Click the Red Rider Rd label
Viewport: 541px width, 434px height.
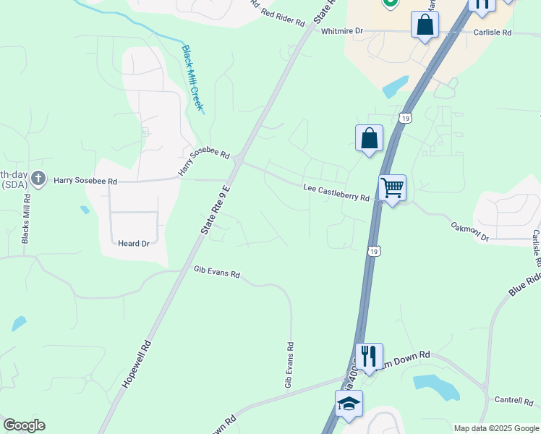pyautogui.click(x=283, y=17)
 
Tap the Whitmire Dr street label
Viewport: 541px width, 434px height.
pyautogui.click(x=341, y=31)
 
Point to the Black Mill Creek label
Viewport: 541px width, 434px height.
pyautogui.click(x=192, y=78)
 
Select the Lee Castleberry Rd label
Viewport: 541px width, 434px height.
pyautogui.click(x=336, y=193)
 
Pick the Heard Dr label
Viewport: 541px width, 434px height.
pyautogui.click(x=135, y=244)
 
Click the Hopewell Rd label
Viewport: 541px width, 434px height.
pyautogui.click(x=136, y=365)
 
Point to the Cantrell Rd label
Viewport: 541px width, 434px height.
pyautogui.click(x=513, y=400)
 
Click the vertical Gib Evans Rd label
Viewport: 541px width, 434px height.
pyautogui.click(x=289, y=365)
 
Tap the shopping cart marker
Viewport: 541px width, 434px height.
pyautogui.click(x=392, y=188)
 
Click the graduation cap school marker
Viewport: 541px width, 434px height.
pyautogui.click(x=349, y=404)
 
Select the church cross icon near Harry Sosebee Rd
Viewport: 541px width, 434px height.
pyautogui.click(x=38, y=178)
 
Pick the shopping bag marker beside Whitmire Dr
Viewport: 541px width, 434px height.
pyautogui.click(x=425, y=25)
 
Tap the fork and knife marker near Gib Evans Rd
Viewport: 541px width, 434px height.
pyautogui.click(x=369, y=356)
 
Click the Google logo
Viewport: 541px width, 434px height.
pyautogui.click(x=24, y=425)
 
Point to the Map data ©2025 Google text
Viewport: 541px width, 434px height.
pyautogui.click(x=495, y=428)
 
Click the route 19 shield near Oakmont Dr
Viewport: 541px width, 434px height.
pyautogui.click(x=373, y=251)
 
